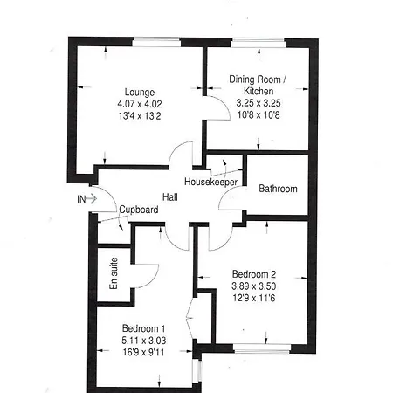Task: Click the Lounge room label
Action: pos(140,93)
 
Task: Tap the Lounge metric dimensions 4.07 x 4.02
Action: pos(140,104)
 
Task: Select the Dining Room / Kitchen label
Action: pos(258,85)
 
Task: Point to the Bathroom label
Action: pos(278,189)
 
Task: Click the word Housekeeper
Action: pos(210,182)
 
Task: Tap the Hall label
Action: pos(170,197)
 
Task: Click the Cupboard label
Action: pos(139,210)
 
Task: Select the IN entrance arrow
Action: pos(92,199)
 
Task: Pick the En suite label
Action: pos(114,273)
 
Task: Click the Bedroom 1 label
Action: pos(143,328)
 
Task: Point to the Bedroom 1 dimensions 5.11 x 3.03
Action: pos(144,341)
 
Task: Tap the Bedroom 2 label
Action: pos(254,274)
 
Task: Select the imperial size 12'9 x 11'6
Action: pos(254,298)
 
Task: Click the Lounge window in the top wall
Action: pos(156,42)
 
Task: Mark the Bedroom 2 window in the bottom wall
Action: pos(262,348)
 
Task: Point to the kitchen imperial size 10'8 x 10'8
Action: pos(259,115)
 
